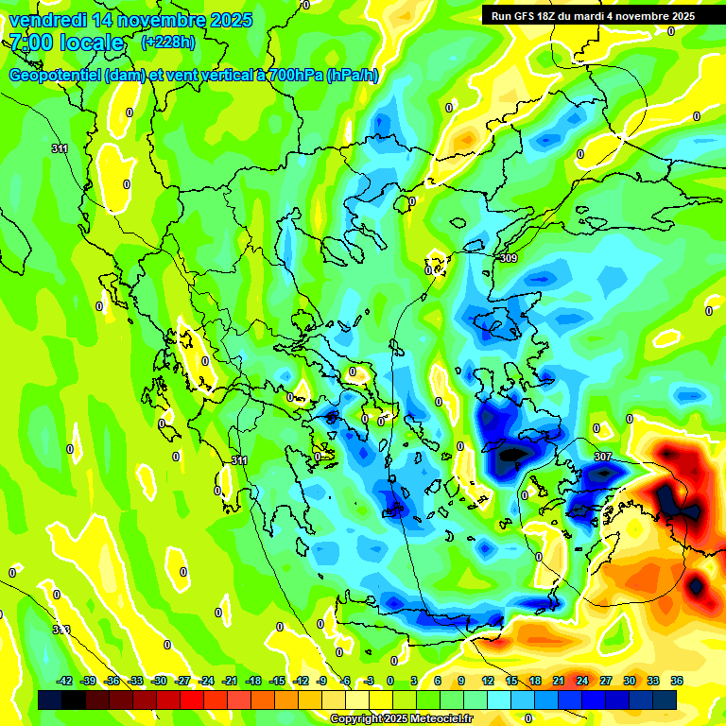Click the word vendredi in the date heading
[x=47, y=20]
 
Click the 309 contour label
[x=509, y=258]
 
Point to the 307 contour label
[x=602, y=457]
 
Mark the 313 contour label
[x=60, y=630]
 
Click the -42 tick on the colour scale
[x=65, y=681]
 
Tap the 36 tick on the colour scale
[x=677, y=681]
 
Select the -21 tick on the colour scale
[x=230, y=681]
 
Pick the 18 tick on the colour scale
[x=535, y=681]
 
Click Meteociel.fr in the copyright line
[x=437, y=719]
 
